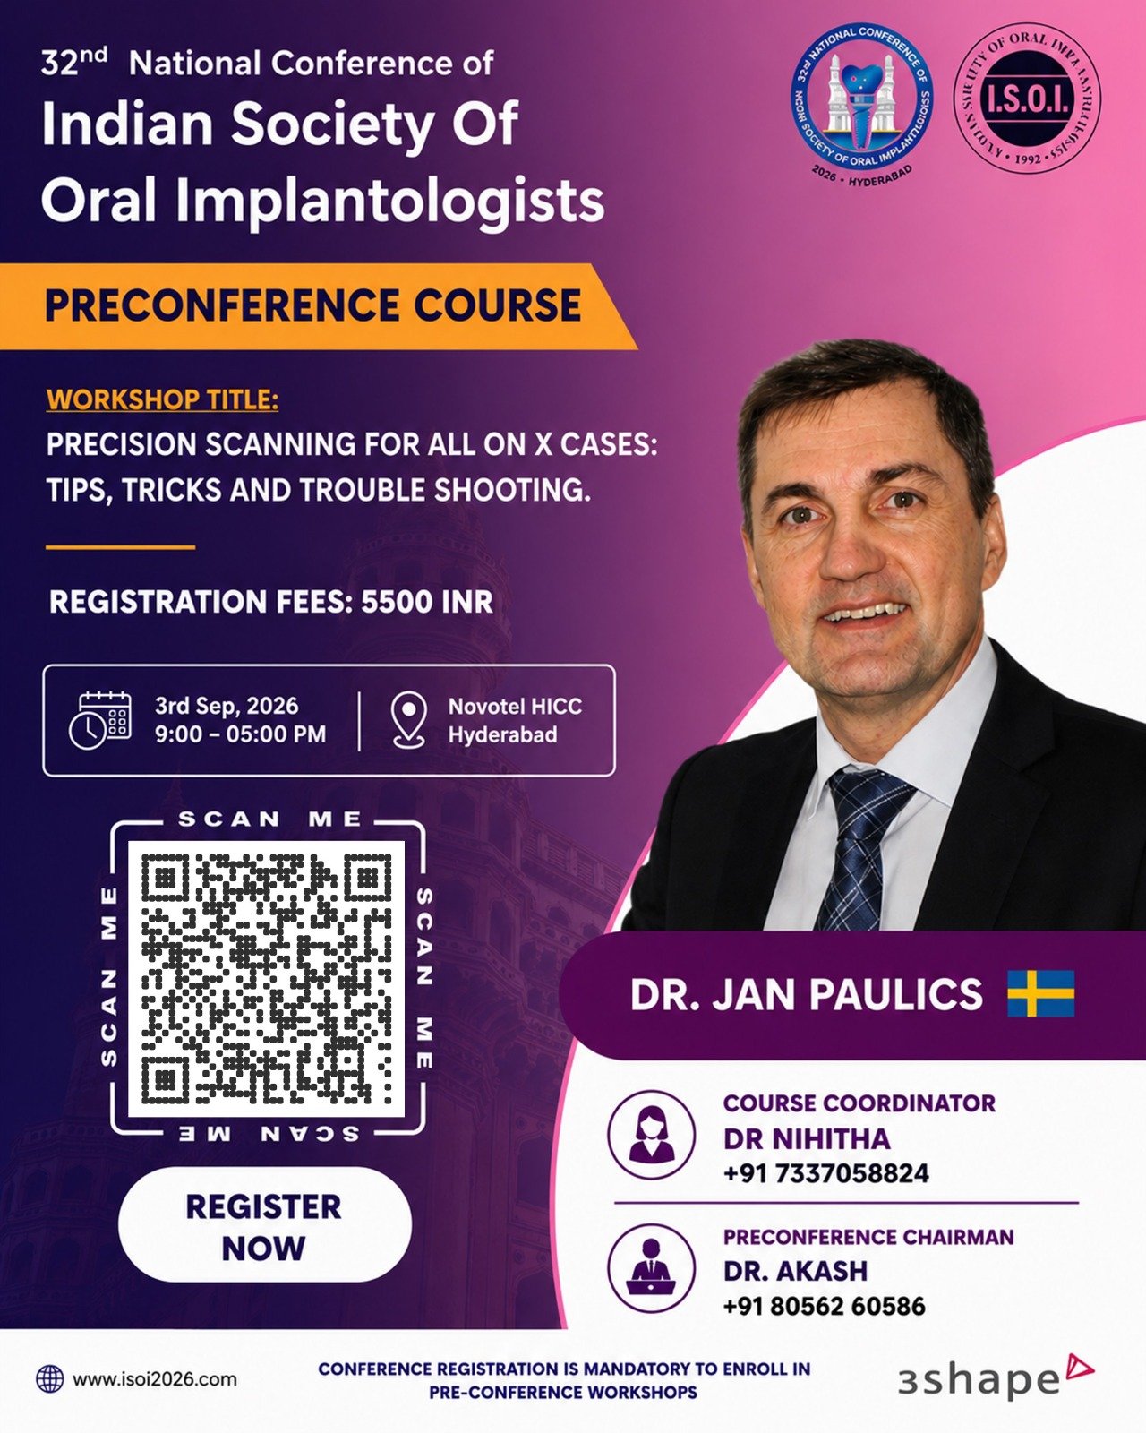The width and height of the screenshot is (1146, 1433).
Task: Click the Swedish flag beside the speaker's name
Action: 1040,993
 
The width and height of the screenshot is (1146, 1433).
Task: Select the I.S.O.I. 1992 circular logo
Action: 1027,99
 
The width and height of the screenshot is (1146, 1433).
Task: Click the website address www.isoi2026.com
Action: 155,1378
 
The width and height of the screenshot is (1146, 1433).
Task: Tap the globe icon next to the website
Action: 50,1378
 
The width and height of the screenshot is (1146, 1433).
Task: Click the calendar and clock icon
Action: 100,720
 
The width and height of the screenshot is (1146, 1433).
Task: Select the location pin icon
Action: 409,720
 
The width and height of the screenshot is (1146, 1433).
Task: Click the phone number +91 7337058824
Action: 826,1173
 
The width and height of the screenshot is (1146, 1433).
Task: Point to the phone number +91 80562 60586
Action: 825,1307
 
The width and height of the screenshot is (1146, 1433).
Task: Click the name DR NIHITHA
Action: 807,1139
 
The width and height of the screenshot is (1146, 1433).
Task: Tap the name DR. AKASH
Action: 796,1272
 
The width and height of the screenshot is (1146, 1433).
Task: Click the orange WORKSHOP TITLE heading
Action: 162,400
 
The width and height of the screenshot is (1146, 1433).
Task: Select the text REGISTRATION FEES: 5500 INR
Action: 271,602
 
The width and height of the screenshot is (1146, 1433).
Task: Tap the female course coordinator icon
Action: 651,1134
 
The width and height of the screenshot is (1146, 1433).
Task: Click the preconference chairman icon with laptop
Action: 651,1268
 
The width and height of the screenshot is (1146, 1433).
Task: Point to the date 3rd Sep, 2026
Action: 227,706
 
